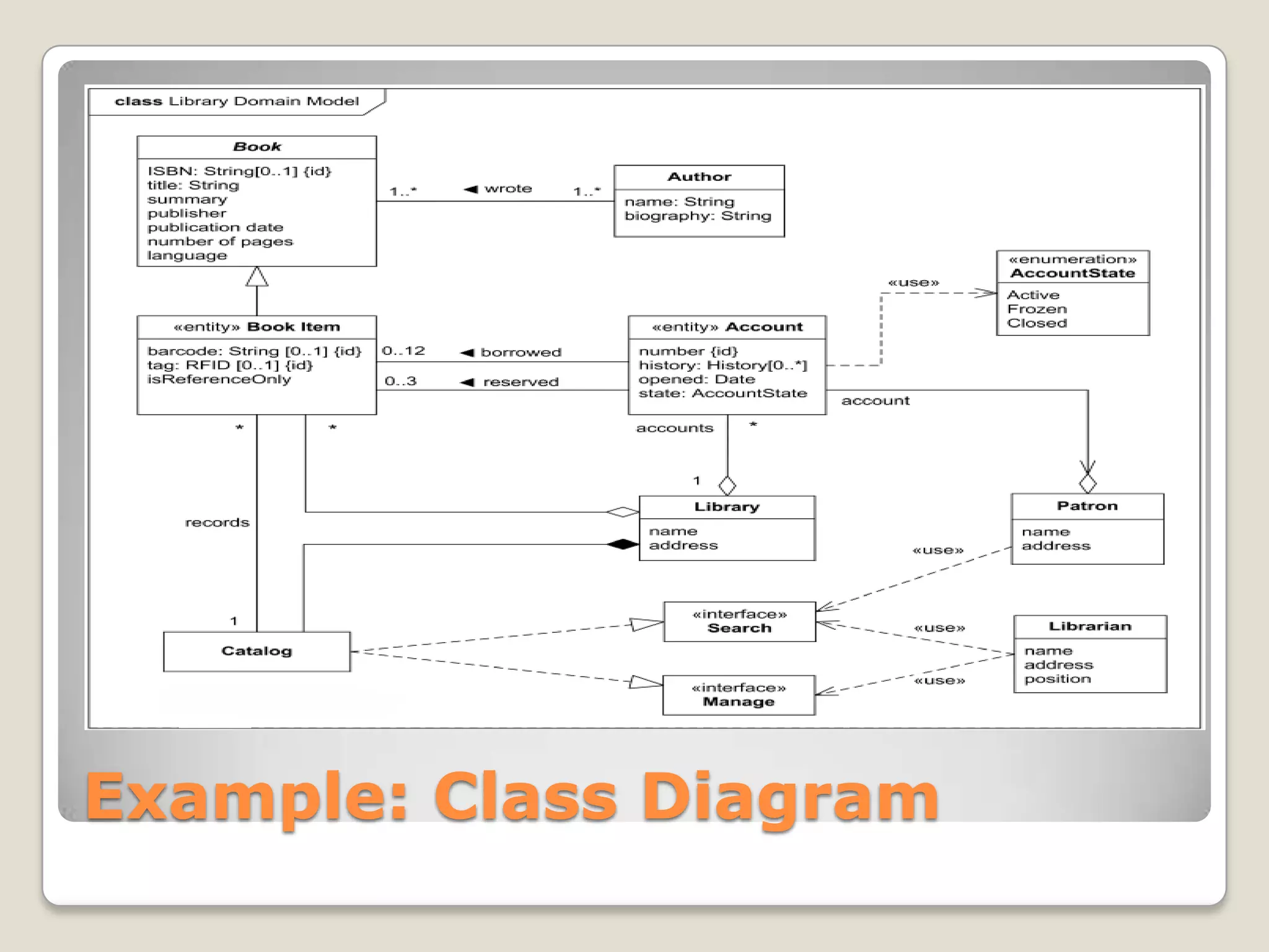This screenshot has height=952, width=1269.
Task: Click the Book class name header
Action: click(x=257, y=147)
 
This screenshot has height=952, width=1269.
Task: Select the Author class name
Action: click(x=699, y=177)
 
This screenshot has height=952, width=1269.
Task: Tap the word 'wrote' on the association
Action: click(x=507, y=188)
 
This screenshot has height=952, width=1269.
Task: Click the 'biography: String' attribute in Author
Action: click(x=698, y=216)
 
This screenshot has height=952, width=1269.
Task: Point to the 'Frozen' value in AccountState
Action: click(x=1037, y=309)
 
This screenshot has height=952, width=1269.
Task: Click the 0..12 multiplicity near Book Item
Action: click(x=403, y=351)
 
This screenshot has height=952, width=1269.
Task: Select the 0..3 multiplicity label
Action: click(x=400, y=381)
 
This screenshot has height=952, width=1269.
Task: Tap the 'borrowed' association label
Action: click(x=520, y=353)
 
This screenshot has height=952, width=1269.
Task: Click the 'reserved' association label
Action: click(x=520, y=382)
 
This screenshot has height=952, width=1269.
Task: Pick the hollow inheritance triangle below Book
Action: click(x=257, y=278)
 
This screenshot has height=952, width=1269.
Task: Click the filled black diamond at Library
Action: click(x=622, y=545)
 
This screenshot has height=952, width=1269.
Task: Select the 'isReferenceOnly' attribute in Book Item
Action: click(x=219, y=379)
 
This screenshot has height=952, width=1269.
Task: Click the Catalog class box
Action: click(x=257, y=651)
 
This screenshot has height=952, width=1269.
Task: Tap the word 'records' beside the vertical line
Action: click(x=217, y=522)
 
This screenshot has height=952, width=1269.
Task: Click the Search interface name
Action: click(x=739, y=628)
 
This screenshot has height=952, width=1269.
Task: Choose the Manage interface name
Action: click(x=739, y=702)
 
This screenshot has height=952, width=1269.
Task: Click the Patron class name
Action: click(x=1087, y=506)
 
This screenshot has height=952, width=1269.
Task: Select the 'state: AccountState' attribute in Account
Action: click(x=722, y=394)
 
